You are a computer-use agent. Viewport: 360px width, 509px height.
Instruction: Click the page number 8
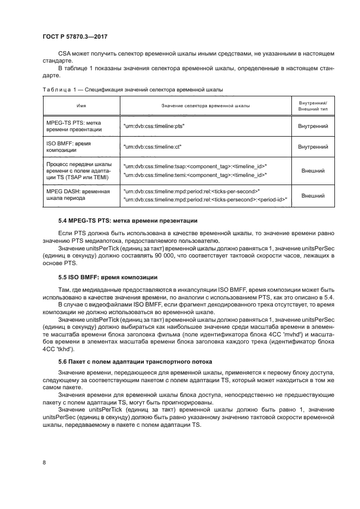coord(44,462)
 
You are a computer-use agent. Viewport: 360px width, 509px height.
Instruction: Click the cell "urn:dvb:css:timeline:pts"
coord(155,126)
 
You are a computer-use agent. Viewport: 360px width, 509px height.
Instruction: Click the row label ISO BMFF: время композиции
coord(69,146)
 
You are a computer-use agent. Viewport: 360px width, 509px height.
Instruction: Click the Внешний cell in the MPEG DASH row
coord(313,195)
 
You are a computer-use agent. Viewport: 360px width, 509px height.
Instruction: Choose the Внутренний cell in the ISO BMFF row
coord(313,146)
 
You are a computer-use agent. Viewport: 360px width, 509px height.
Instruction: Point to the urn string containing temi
coord(195,175)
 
